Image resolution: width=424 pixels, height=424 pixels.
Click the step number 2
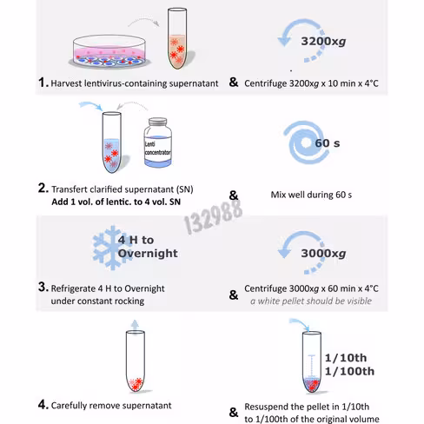[x=43, y=189]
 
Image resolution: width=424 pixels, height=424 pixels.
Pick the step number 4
[x=43, y=405]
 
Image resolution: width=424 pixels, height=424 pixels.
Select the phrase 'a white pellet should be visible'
[x=311, y=301]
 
